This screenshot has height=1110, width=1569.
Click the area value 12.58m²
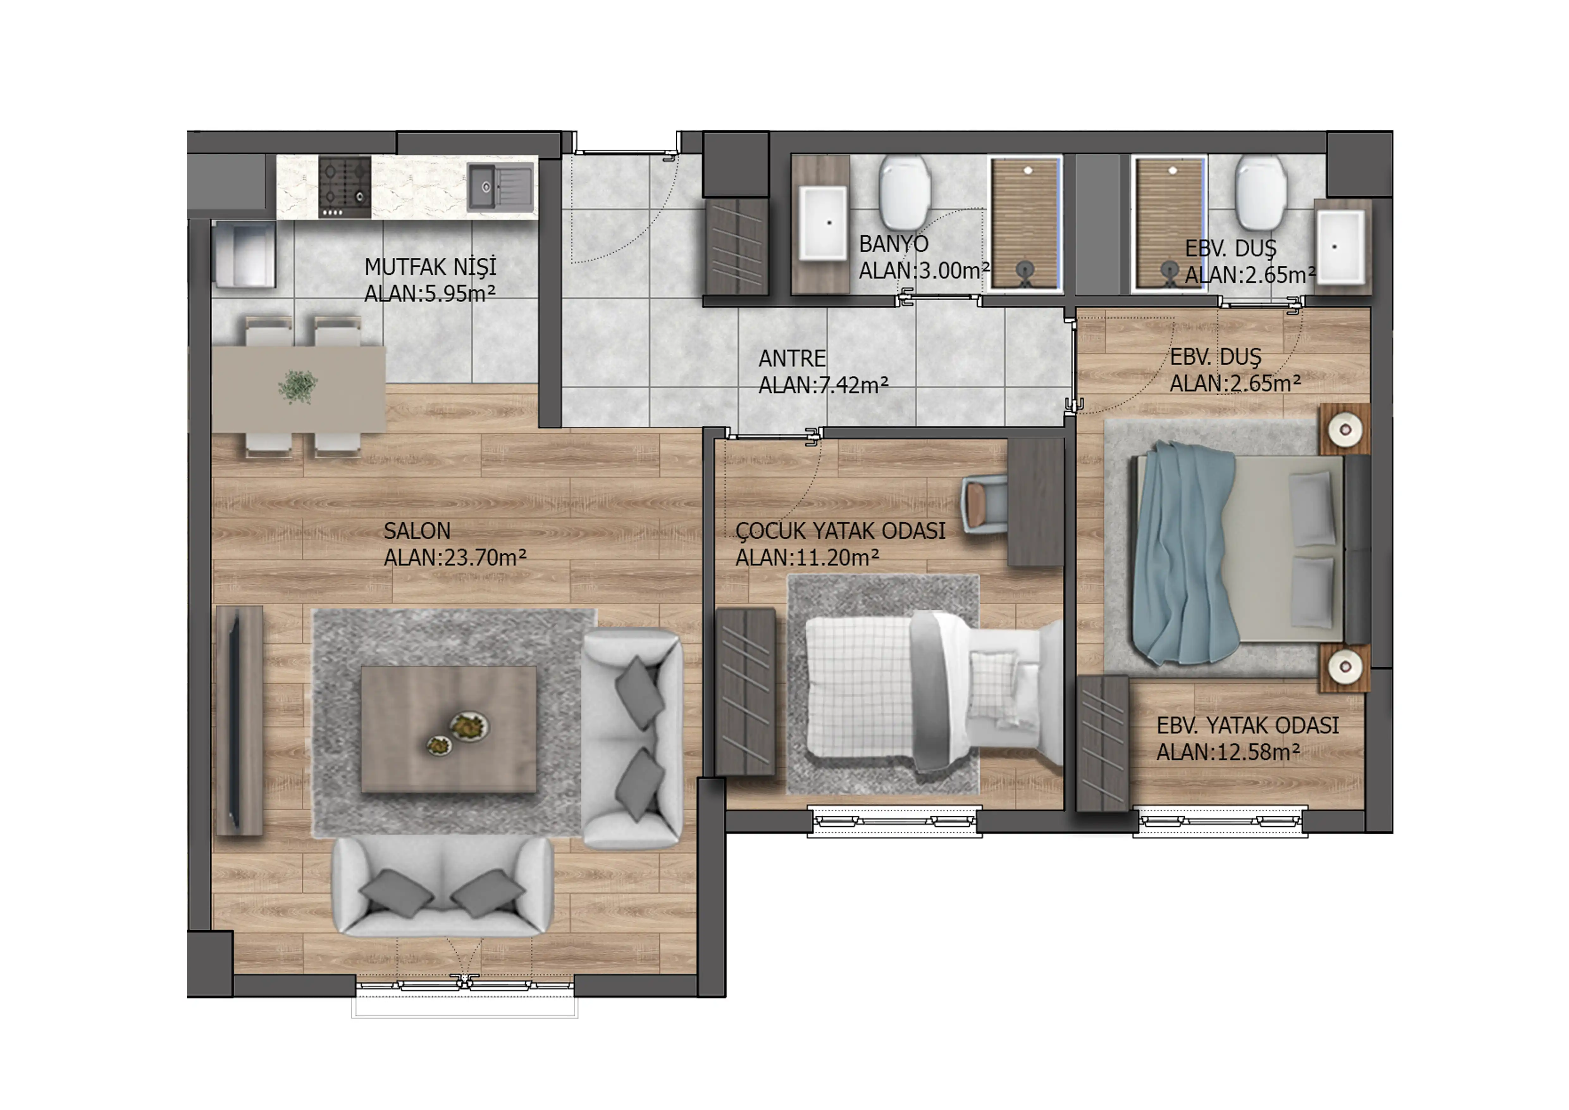point(1257,752)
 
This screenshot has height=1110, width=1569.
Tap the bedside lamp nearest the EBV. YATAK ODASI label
point(1345,666)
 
